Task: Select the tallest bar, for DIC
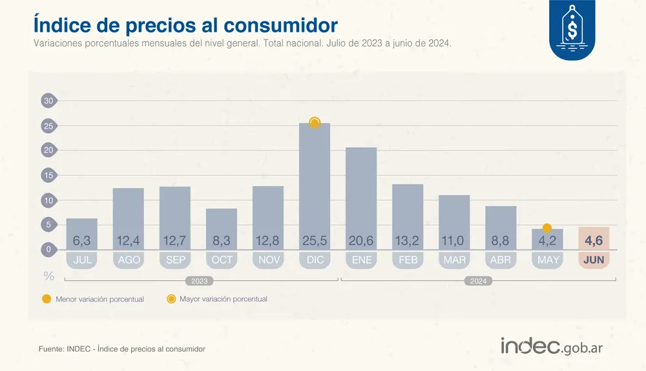315,181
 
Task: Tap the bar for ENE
361,194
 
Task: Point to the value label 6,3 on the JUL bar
82,241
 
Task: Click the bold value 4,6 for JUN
594,241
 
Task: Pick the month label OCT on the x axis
222,260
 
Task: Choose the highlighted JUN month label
594,260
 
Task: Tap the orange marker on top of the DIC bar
315,123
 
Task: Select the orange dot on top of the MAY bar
547,228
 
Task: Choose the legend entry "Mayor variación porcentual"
223,299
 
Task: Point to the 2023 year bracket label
201,281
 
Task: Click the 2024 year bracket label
478,281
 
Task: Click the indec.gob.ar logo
552,346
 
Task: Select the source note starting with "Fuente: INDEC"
122,349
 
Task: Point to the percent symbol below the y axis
48,276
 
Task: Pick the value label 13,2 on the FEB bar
408,241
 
